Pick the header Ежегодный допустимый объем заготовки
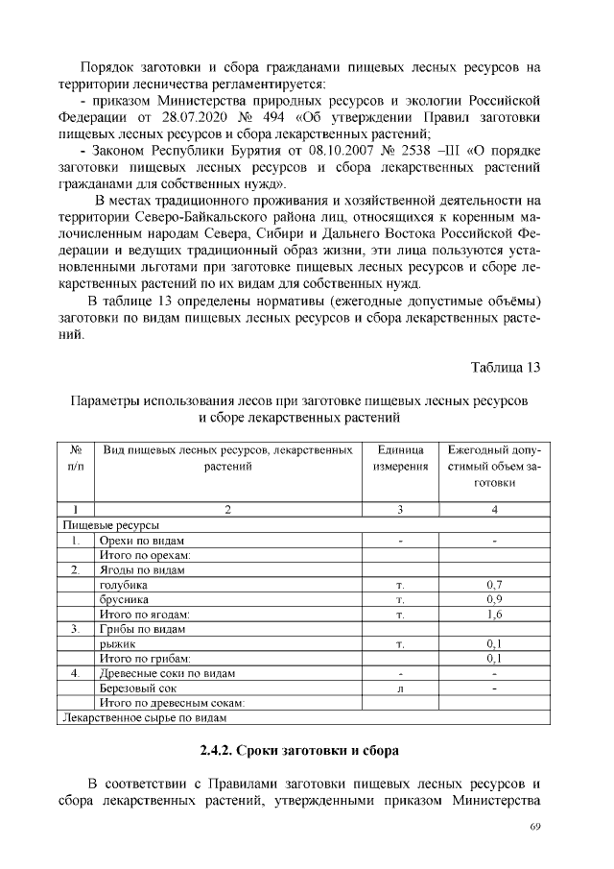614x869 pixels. tap(493, 466)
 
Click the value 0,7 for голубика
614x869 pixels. tap(493, 584)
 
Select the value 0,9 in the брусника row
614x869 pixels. tap(493, 598)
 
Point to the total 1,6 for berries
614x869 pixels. tap(493, 614)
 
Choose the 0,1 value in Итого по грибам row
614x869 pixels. tap(493, 658)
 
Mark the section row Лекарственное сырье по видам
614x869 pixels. tap(145, 717)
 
